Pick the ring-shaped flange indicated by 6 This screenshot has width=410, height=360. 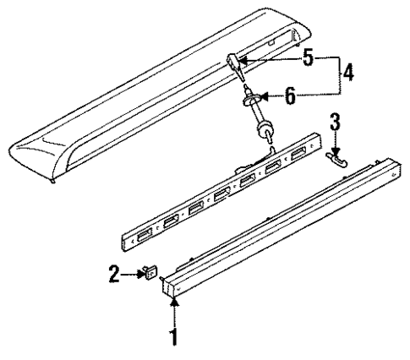tap(249, 100)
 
